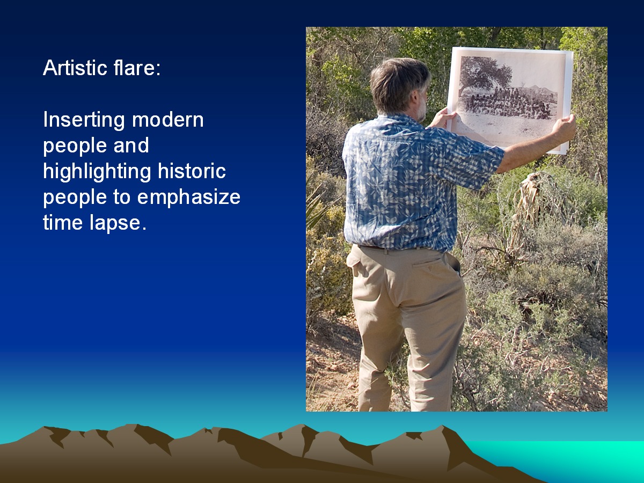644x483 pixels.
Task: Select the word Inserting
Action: click(x=84, y=120)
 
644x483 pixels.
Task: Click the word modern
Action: click(x=167, y=120)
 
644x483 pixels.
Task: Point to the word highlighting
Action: click(x=97, y=172)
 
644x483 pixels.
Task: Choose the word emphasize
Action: click(x=189, y=197)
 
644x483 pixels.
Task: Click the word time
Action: click(x=63, y=223)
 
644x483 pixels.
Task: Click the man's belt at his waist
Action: click(x=390, y=248)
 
